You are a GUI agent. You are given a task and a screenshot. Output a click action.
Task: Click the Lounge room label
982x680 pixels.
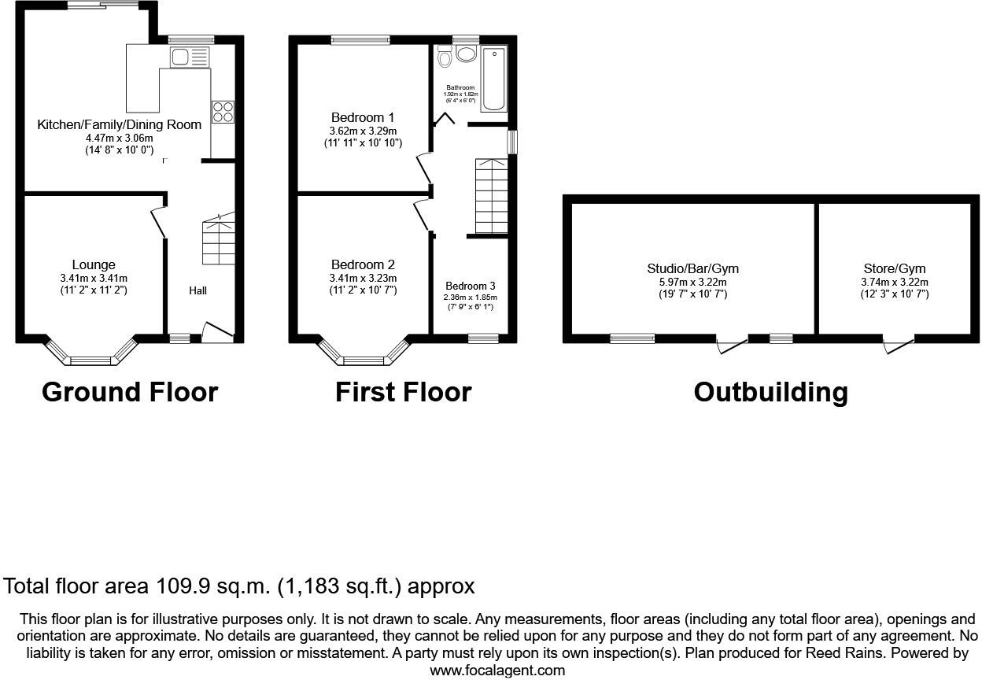(94, 265)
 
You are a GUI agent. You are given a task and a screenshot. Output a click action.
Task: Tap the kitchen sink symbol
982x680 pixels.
(190, 56)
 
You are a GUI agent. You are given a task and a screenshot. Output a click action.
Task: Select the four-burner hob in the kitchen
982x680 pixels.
(222, 112)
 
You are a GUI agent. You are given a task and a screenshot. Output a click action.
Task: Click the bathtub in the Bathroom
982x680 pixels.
(494, 79)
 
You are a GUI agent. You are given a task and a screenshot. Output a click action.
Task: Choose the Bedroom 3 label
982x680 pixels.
(471, 285)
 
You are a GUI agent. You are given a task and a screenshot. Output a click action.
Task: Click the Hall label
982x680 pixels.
(198, 290)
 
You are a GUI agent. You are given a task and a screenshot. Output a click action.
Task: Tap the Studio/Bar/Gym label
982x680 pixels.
(692, 268)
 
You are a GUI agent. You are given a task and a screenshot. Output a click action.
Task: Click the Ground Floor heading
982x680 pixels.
(129, 391)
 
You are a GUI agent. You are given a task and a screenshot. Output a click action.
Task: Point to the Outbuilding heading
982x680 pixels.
(770, 391)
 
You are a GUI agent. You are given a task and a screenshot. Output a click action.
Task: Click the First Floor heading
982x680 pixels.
(403, 391)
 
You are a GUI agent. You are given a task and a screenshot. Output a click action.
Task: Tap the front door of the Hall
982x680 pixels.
(218, 332)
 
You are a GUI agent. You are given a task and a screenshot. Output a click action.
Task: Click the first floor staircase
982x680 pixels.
(491, 196)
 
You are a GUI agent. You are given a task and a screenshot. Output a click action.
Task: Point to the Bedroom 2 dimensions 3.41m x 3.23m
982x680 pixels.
(364, 278)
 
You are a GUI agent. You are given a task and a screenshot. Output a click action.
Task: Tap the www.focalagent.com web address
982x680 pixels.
(497, 671)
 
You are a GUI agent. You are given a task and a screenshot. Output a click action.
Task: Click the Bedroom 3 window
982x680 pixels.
(483, 338)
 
